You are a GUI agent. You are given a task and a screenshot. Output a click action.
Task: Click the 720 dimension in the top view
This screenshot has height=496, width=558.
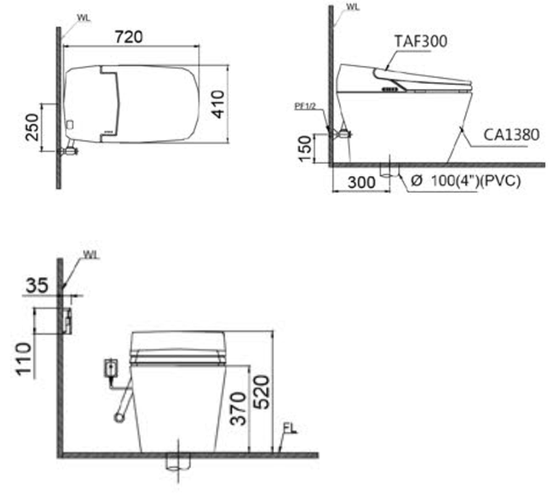click(x=129, y=37)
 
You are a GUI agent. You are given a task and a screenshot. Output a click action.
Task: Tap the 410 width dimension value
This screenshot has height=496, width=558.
click(x=218, y=104)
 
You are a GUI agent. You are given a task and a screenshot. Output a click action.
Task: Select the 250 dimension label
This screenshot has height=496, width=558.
click(x=32, y=127)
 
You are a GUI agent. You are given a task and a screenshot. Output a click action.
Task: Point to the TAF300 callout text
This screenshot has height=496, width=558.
click(x=421, y=41)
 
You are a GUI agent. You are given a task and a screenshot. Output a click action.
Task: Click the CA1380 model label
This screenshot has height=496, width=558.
click(x=512, y=135)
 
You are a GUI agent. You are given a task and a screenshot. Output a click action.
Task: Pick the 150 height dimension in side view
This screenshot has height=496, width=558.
click(x=305, y=149)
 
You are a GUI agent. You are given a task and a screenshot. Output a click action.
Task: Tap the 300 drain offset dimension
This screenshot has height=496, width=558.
click(x=361, y=182)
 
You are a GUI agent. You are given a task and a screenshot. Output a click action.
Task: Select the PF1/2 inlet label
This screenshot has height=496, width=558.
click(x=305, y=106)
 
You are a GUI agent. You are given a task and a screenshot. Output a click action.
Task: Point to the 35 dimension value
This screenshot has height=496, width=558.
click(x=37, y=285)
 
